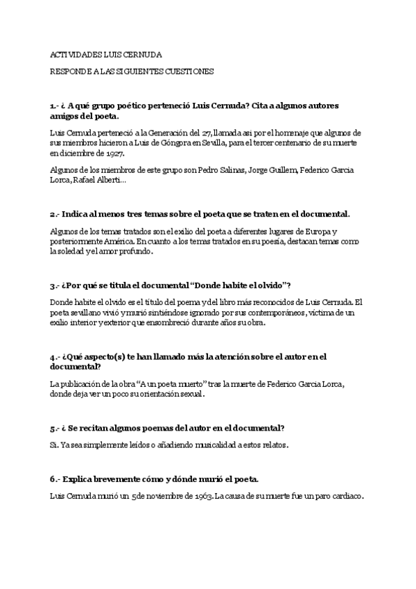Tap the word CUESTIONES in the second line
(x=189, y=71)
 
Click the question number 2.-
(x=55, y=215)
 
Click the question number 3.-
(x=55, y=286)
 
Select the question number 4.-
(x=55, y=357)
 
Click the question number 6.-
(x=55, y=480)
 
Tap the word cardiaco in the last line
(x=345, y=497)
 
